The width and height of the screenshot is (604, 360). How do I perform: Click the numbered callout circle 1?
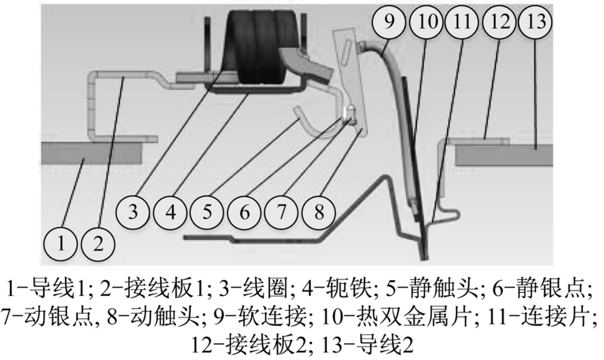pos(61,244)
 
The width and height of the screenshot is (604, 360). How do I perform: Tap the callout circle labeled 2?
pos(98,244)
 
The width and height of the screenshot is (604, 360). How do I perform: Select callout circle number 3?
pos(133,212)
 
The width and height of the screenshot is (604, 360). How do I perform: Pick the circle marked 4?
pos(170,212)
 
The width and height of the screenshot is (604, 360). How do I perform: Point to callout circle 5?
pos(207,212)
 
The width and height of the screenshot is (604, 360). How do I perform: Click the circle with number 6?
pos(244,212)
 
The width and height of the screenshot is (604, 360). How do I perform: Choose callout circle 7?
pos(282,212)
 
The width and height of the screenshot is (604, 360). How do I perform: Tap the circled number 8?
pos(319,212)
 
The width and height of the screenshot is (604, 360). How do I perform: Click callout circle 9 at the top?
pos(389,22)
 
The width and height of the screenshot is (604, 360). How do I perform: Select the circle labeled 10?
pos(426,22)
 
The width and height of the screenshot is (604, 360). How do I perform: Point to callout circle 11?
pos(461,22)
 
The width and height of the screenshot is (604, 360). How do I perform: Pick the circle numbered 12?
pos(499,22)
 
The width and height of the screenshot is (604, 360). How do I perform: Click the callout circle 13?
pos(535,22)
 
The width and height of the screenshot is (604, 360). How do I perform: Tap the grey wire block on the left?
pos(91,153)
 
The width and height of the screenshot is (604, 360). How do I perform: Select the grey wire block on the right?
pos(504,155)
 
